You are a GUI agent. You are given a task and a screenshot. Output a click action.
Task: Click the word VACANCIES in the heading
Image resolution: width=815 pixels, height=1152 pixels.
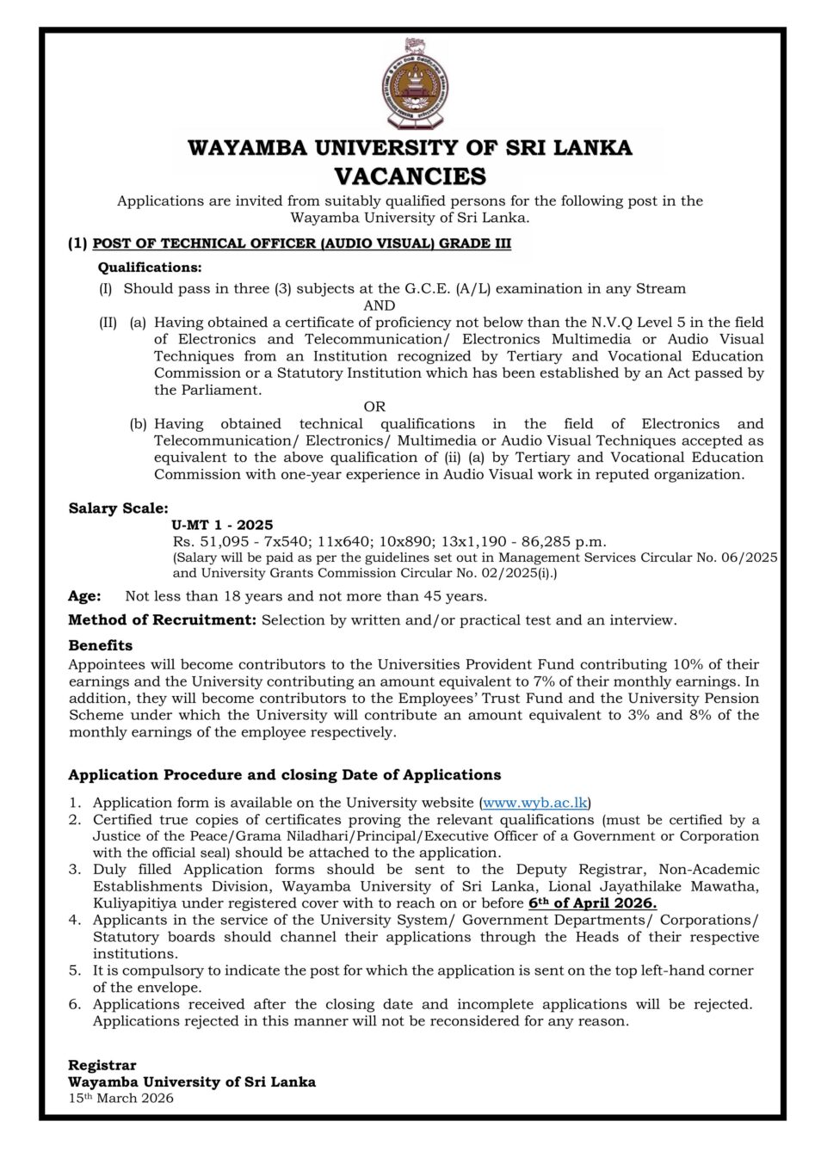410,176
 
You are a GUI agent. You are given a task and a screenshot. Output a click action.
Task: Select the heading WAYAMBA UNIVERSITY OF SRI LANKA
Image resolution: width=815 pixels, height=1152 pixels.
410,148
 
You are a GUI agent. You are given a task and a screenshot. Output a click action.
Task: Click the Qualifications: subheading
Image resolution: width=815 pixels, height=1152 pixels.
150,268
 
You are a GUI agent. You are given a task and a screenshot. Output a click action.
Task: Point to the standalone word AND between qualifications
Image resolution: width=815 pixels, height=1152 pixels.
380,305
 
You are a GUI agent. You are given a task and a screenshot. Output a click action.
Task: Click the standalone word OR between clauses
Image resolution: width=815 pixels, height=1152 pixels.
374,406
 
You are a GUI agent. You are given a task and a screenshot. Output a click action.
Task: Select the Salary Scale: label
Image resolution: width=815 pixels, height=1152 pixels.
119,508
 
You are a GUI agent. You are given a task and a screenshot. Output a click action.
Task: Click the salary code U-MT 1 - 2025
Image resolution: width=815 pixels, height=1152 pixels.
222,525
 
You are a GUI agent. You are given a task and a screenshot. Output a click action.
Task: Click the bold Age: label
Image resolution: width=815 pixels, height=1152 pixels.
84,595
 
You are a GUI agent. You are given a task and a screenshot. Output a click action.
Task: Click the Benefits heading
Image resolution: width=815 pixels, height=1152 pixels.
101,645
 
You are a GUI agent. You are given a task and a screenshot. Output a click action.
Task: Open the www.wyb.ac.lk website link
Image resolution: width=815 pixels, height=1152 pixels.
535,802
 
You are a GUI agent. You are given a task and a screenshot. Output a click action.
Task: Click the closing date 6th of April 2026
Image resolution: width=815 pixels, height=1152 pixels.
592,903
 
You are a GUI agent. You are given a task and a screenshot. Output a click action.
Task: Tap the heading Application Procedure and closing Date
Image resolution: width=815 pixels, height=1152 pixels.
284,775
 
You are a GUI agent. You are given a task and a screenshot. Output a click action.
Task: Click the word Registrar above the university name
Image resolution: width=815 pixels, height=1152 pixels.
102,1065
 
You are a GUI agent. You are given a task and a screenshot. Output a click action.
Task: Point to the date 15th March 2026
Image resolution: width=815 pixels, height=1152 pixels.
121,1099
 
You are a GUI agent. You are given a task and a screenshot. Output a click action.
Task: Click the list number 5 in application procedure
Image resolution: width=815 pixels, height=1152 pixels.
75,970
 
